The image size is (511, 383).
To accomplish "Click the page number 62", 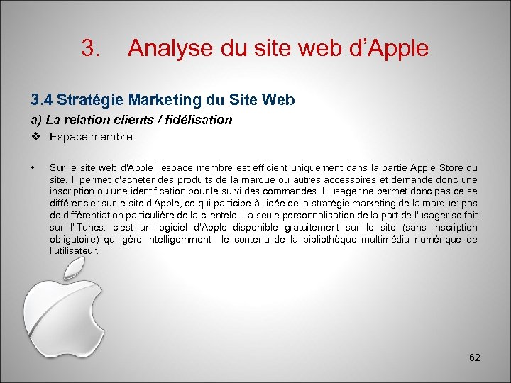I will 475,357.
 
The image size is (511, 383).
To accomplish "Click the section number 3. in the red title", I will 91,48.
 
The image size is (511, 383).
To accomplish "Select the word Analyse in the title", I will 165,48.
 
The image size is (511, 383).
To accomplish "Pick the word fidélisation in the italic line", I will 199,120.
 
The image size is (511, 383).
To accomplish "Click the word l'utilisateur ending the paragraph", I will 74,251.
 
